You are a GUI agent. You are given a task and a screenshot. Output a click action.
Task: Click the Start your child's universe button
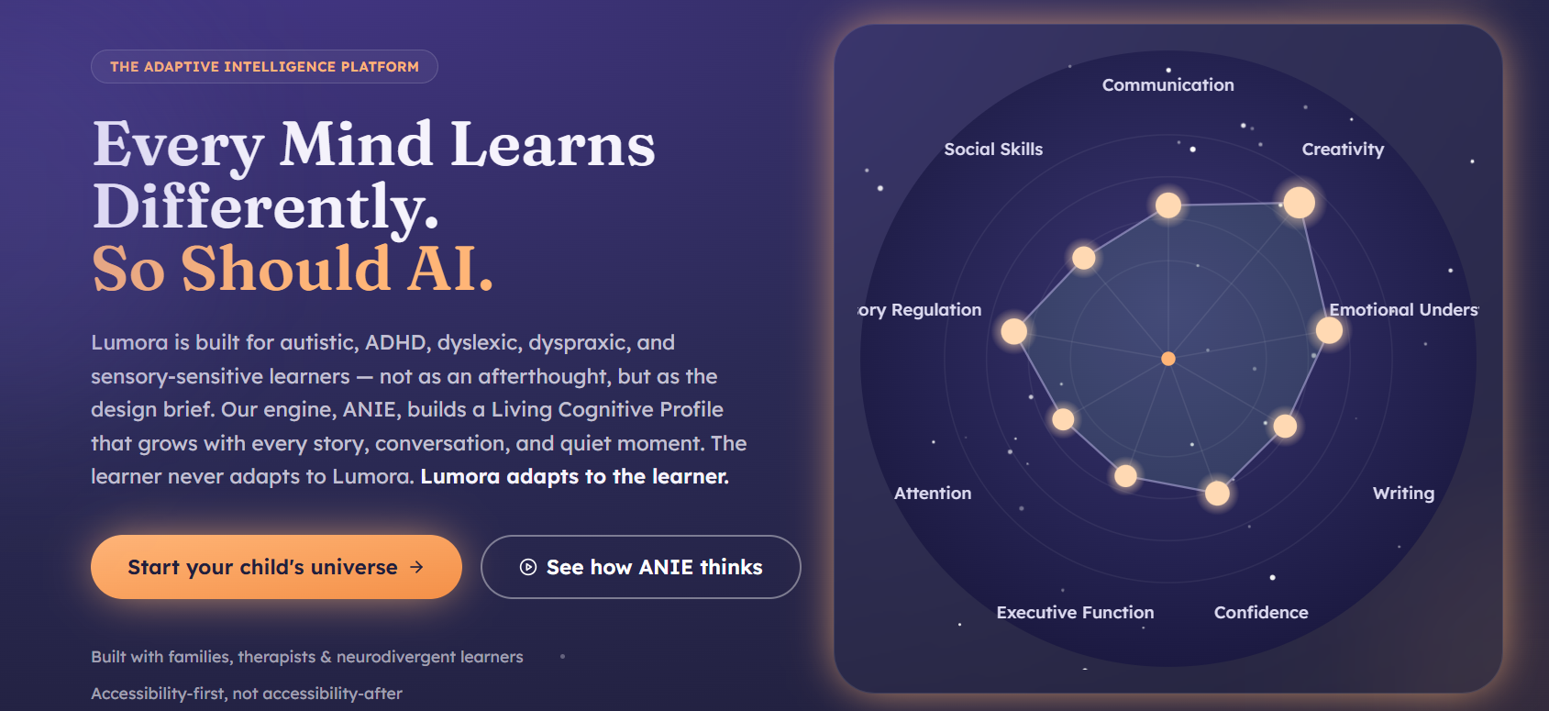pyautogui.click(x=276, y=566)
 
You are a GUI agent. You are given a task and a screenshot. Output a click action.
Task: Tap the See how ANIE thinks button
pyautogui.click(x=640, y=566)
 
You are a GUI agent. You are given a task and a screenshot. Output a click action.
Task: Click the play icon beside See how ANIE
pyautogui.click(x=527, y=567)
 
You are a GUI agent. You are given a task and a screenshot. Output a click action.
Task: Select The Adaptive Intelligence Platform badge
pyautogui.click(x=264, y=66)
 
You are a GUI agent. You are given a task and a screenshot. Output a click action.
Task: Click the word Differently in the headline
pyautogui.click(x=266, y=206)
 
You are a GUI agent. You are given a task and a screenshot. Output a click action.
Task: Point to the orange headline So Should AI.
pyautogui.click(x=293, y=269)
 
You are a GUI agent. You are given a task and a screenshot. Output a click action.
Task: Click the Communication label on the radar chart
pyautogui.click(x=1168, y=85)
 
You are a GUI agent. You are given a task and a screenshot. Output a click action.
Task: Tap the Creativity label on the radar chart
pyautogui.click(x=1343, y=150)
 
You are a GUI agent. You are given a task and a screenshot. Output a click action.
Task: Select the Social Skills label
pyautogui.click(x=993, y=150)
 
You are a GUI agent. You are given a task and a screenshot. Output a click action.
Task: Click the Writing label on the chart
pyautogui.click(x=1403, y=494)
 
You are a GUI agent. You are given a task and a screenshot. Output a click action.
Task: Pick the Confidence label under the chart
pyautogui.click(x=1261, y=613)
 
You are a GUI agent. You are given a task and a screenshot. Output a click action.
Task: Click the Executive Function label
pyautogui.click(x=1075, y=613)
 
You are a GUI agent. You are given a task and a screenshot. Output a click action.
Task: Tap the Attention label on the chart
pyautogui.click(x=932, y=494)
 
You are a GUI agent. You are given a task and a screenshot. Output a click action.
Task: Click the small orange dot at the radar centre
pyautogui.click(x=1168, y=359)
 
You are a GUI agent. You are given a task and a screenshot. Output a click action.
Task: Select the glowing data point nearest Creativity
pyautogui.click(x=1299, y=203)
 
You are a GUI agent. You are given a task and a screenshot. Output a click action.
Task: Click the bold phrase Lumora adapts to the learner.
pyautogui.click(x=575, y=476)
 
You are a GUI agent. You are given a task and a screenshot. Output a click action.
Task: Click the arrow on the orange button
pyautogui.click(x=416, y=567)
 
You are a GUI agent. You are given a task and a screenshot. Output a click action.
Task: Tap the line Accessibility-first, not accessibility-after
pyautogui.click(x=246, y=693)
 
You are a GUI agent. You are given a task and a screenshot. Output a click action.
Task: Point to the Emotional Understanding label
pyautogui.click(x=1403, y=310)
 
